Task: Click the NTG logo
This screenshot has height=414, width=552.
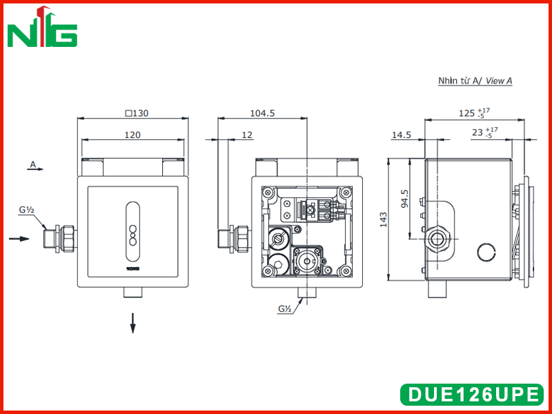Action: click(x=42, y=26)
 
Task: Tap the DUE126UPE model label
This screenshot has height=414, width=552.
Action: click(x=473, y=394)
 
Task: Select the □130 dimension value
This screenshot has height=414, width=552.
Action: click(x=137, y=113)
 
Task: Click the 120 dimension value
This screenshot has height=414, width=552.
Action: click(x=132, y=135)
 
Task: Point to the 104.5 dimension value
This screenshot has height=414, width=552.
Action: click(x=262, y=113)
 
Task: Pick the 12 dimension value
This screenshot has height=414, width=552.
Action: click(x=247, y=135)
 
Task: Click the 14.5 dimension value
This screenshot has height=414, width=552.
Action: click(x=402, y=135)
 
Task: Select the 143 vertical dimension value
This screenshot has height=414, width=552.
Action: click(x=384, y=219)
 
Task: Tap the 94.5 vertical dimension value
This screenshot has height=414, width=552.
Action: click(x=405, y=199)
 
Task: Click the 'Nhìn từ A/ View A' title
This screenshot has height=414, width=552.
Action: click(x=475, y=81)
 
